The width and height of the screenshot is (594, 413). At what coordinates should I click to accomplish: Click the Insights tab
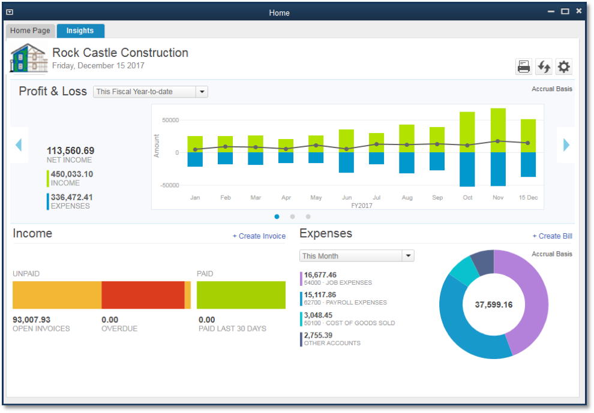80,31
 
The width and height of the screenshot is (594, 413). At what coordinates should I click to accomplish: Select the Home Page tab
31,31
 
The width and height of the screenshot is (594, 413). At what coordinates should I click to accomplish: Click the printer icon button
524,67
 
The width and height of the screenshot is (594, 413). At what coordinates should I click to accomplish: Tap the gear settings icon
563,67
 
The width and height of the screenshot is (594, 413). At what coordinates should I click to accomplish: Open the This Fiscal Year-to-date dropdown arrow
202,92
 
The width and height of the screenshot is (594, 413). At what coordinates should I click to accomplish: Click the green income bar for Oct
467,132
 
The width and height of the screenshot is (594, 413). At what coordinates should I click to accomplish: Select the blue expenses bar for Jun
346,162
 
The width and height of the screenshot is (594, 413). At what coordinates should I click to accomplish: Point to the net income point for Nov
498,141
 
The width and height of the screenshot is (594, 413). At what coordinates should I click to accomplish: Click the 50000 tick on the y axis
170,120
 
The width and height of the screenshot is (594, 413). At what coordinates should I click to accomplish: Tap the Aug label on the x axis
407,198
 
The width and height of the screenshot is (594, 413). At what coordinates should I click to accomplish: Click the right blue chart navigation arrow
566,144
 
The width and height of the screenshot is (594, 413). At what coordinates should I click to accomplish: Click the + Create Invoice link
259,236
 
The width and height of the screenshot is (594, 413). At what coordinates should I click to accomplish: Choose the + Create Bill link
553,236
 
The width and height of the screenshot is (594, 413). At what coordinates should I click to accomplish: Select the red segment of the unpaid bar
143,295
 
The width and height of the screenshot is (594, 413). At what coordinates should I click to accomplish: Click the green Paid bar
241,295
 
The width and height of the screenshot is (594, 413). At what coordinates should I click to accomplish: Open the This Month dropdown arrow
408,256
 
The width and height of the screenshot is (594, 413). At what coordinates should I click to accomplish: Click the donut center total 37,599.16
494,305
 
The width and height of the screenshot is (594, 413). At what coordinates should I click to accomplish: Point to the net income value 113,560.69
70,150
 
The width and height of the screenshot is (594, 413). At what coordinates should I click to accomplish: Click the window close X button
578,11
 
